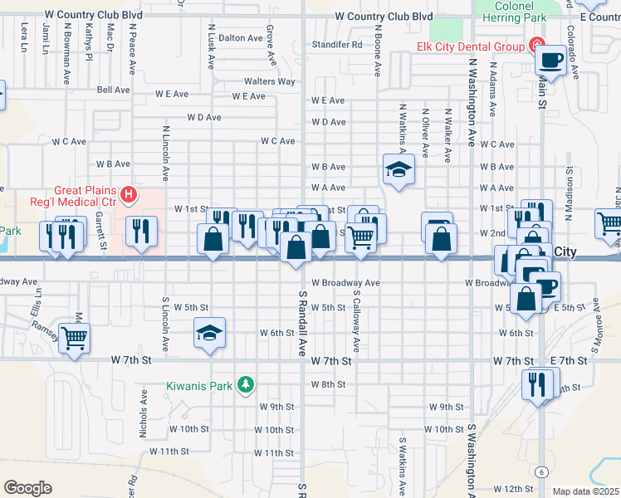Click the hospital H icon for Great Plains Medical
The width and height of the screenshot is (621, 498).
pyautogui.click(x=129, y=196)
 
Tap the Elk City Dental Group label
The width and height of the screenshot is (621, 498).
pyautogui.click(x=471, y=46)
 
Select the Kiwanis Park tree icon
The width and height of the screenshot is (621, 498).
pyautogui.click(x=245, y=383)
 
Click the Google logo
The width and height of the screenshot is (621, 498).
pyautogui.click(x=27, y=488)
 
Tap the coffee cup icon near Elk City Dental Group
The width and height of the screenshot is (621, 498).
pyautogui.click(x=550, y=60)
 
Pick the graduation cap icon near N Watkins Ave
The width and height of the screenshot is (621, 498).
pyautogui.click(x=399, y=170)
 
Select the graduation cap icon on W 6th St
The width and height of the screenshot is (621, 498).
pyautogui.click(x=210, y=333)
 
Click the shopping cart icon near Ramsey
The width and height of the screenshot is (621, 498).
pyautogui.click(x=75, y=338)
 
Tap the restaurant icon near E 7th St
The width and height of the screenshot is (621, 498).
pyautogui.click(x=537, y=383)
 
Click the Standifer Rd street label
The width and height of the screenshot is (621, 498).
pyautogui.click(x=337, y=45)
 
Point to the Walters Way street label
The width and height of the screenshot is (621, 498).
pyautogui.click(x=269, y=81)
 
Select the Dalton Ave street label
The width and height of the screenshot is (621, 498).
pyautogui.click(x=240, y=37)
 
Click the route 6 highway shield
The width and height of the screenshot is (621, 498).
pyautogui.click(x=541, y=471)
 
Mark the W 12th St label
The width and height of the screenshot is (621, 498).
pyautogui.click(x=514, y=489)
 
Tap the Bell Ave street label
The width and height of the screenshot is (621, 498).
pyautogui.click(x=114, y=90)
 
